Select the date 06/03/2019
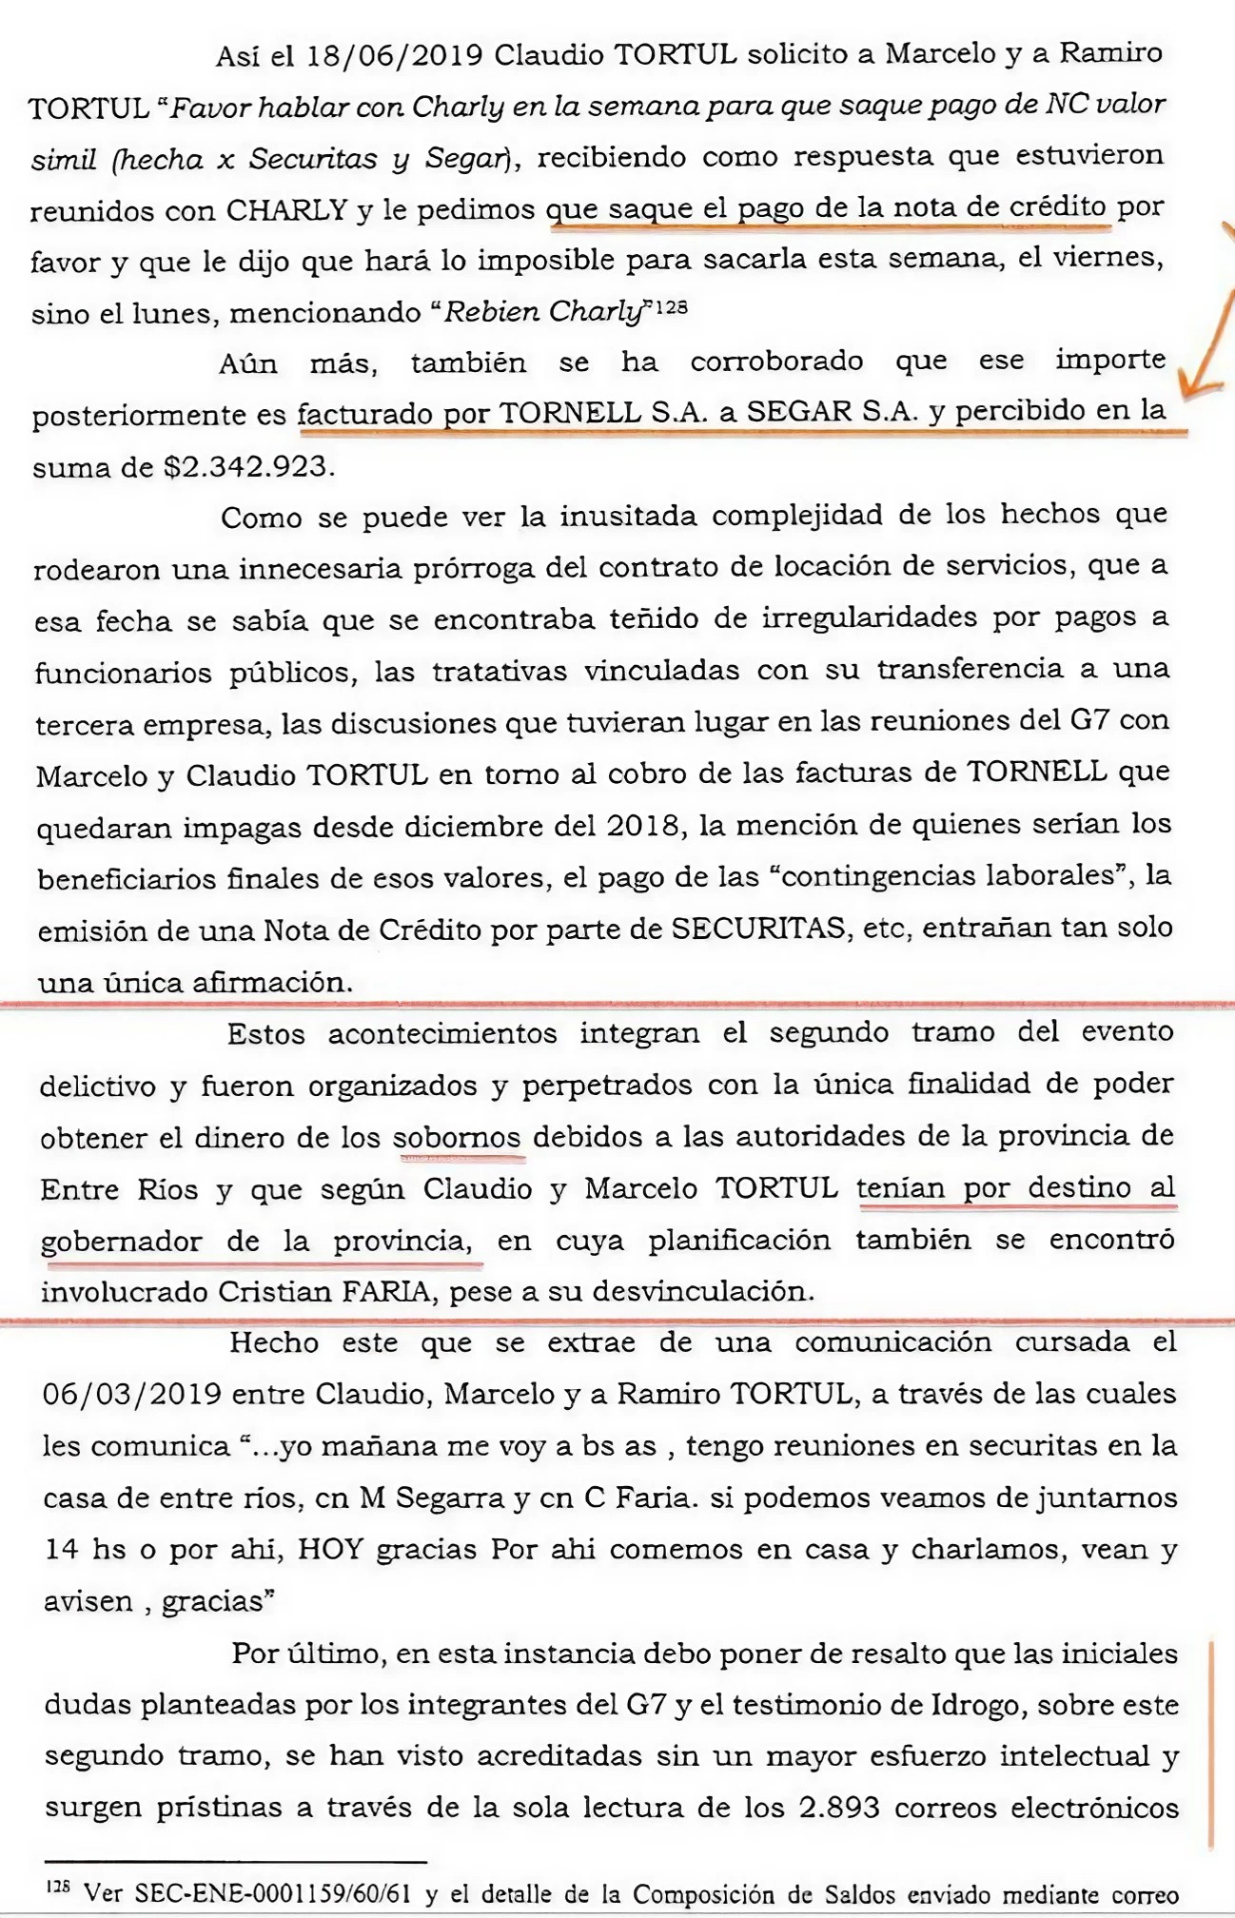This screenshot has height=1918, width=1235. coord(131,1394)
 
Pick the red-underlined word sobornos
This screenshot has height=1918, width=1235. coord(457,1137)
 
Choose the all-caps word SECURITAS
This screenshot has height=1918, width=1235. coord(758,928)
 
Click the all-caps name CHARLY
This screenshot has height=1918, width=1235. coord(285,209)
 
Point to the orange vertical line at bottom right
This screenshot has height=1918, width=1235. coord(1210,1741)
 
